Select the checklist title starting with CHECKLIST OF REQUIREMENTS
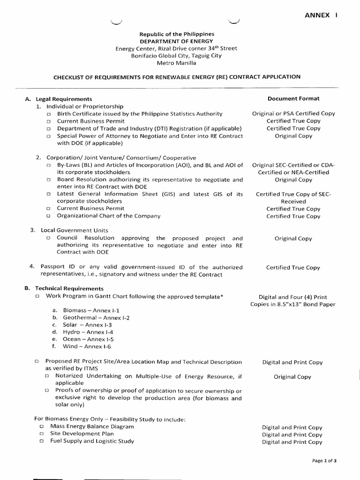click(176, 77)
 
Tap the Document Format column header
click(293, 99)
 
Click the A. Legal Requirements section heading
click(59, 99)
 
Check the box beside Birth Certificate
click(48, 114)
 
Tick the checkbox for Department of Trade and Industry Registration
click(48, 129)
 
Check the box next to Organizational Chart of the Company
click(48, 217)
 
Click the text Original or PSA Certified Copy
click(293, 114)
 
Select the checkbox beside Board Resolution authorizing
click(48, 180)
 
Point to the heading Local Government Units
click(72, 231)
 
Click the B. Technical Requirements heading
click(64, 289)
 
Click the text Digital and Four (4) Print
click(293, 297)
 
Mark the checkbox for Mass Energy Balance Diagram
click(42, 427)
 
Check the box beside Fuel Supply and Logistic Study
click(42, 442)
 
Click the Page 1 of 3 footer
click(324, 461)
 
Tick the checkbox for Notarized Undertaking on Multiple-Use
click(47, 376)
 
